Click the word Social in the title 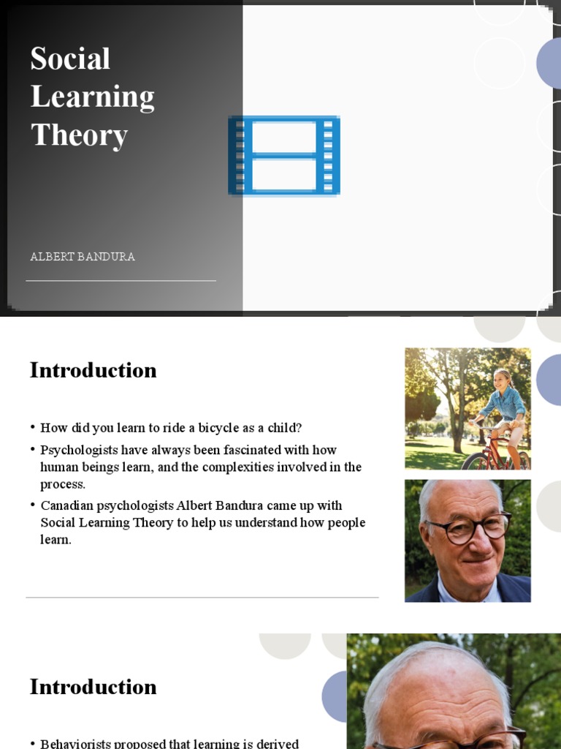(x=70, y=59)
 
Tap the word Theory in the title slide (x=79, y=135)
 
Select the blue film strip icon (x=284, y=156)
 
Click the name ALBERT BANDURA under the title (x=83, y=257)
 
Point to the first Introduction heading (x=93, y=370)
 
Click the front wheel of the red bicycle (x=476, y=461)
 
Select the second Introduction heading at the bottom (x=93, y=687)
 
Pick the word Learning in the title (x=92, y=97)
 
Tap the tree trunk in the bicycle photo (x=457, y=424)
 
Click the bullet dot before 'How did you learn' (x=33, y=428)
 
